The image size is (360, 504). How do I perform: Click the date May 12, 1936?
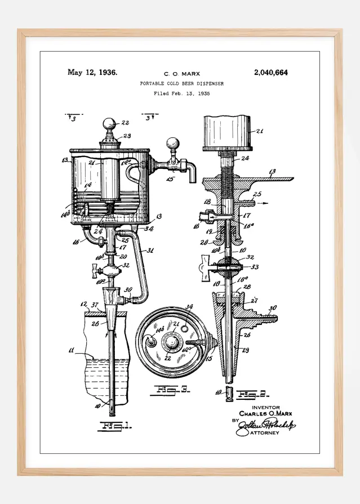(x=92, y=72)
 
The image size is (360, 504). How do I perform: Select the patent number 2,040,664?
(x=271, y=72)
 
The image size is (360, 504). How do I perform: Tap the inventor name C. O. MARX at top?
(x=181, y=74)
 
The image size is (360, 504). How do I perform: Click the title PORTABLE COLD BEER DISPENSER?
(x=181, y=83)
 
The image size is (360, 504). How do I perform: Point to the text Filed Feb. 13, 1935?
(x=181, y=93)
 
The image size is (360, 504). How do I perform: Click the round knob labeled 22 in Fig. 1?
(x=109, y=123)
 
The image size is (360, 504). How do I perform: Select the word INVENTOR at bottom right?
(x=265, y=407)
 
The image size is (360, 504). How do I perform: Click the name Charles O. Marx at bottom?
(x=265, y=414)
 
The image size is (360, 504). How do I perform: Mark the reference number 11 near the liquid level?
(x=71, y=350)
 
